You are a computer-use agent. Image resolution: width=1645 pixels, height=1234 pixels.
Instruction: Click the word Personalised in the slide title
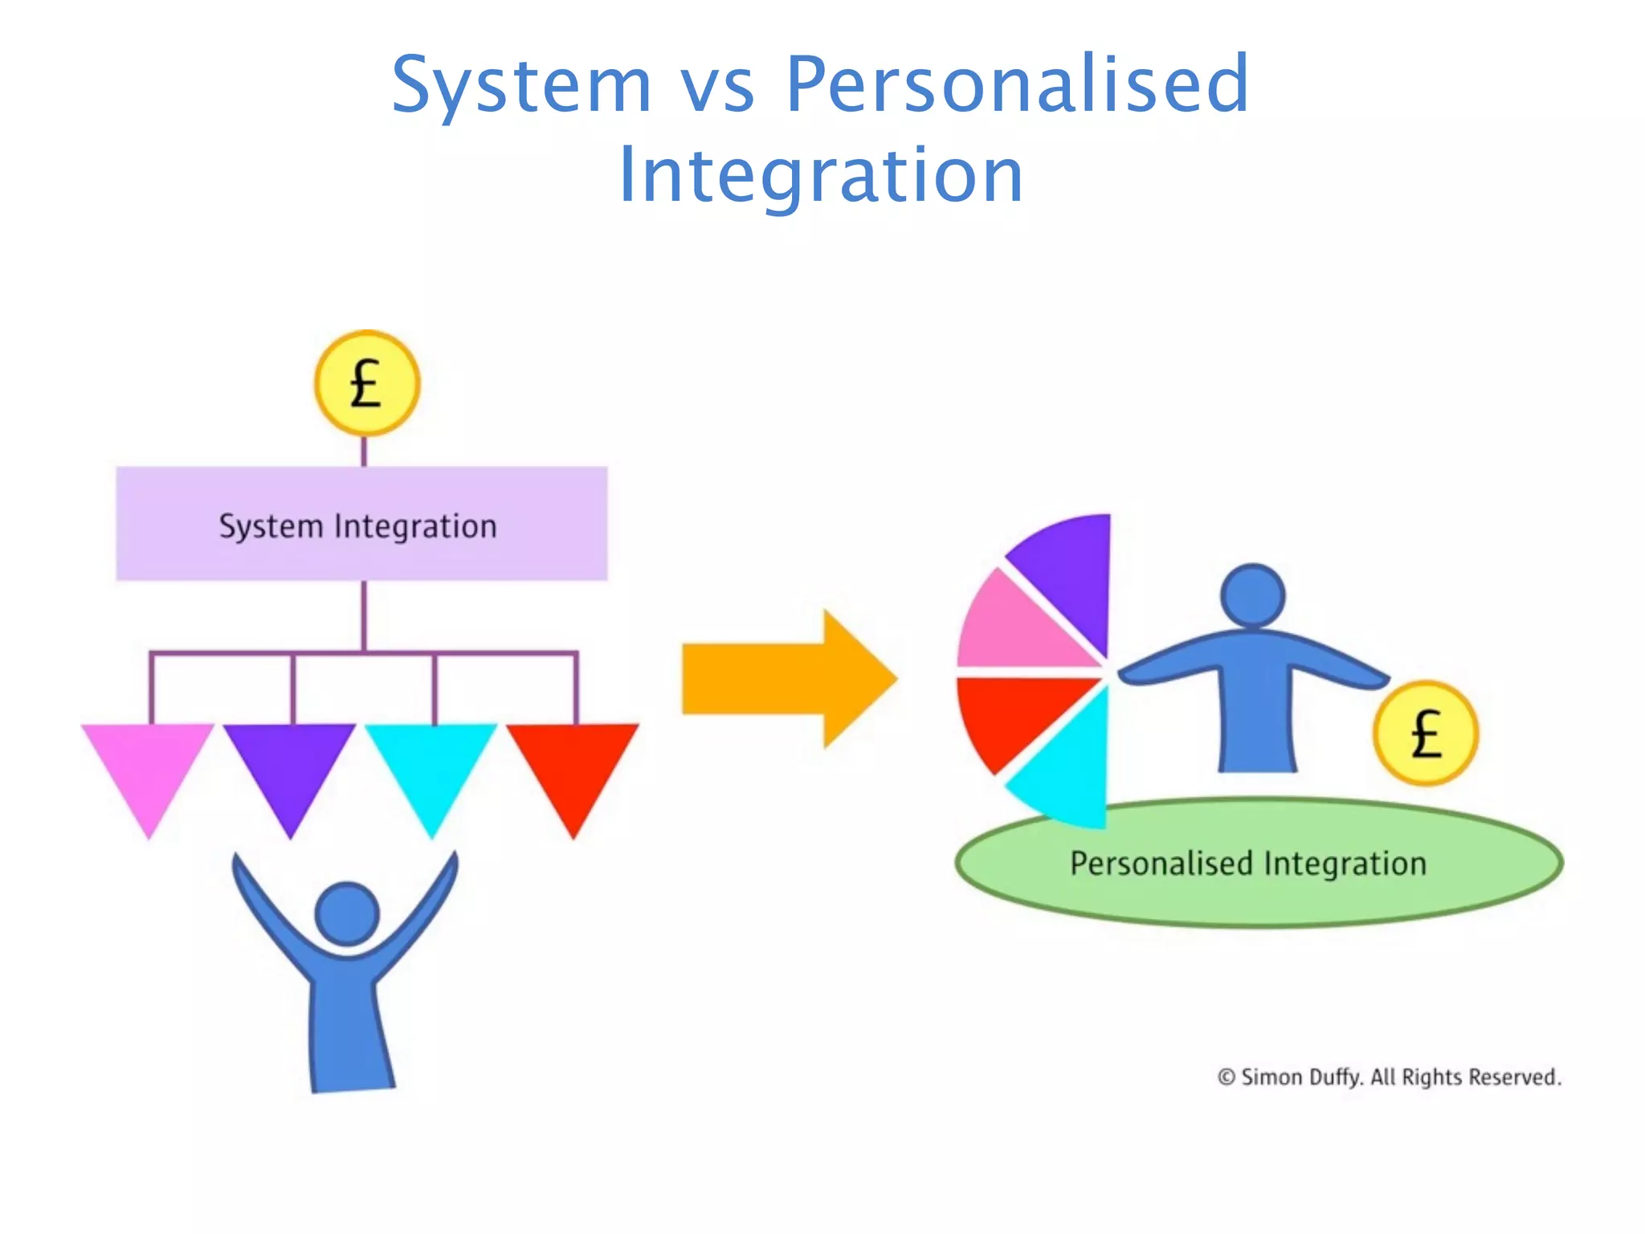(1017, 84)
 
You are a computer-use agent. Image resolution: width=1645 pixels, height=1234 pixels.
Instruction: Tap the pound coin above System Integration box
(367, 383)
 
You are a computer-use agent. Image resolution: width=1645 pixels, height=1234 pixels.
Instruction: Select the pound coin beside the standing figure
(1425, 733)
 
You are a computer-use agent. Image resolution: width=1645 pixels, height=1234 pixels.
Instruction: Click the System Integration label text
(358, 526)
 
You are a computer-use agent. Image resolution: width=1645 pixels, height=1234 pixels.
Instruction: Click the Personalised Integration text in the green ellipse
(1248, 864)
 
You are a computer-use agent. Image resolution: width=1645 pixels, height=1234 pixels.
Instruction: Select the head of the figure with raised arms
(347, 913)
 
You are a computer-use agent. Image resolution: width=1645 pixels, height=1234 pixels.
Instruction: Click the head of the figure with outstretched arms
(1252, 595)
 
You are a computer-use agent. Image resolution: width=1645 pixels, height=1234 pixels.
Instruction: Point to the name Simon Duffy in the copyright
(1301, 1077)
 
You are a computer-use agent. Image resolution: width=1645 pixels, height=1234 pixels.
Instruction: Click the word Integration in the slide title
(821, 174)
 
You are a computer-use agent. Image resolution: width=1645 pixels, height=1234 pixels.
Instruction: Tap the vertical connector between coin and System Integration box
(364, 452)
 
